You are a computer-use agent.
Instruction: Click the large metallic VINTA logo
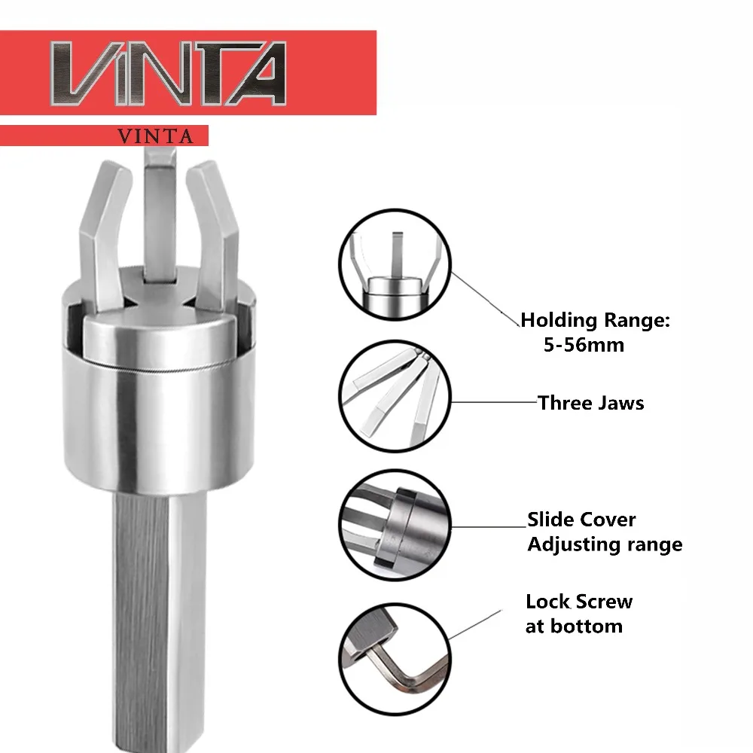(x=168, y=73)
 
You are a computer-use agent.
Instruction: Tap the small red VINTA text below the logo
(x=155, y=136)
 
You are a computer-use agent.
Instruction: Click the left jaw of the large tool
(x=104, y=235)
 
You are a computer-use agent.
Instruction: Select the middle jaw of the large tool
(x=160, y=216)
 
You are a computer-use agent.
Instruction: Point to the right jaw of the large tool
(x=215, y=235)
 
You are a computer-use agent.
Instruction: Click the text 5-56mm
(x=584, y=345)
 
